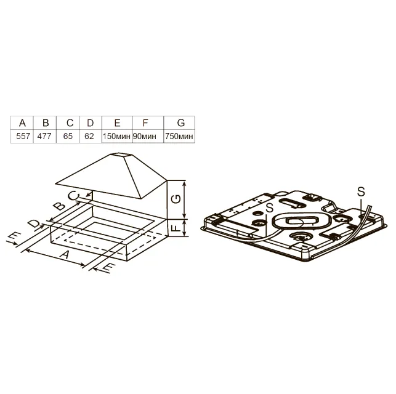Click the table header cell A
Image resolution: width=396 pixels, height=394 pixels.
point(22,123)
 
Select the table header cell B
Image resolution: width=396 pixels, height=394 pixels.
point(45,123)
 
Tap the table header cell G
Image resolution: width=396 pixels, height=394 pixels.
point(179,123)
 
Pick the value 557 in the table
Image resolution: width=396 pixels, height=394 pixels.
point(23,136)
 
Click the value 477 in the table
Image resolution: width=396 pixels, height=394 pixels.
point(44,136)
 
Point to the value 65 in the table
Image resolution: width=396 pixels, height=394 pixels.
point(68,136)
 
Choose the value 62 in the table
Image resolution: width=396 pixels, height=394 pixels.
point(89,136)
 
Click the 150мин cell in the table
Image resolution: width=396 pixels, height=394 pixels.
point(116,136)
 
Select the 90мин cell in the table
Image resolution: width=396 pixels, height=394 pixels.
point(145,136)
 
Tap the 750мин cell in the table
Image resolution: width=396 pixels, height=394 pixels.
point(179,136)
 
